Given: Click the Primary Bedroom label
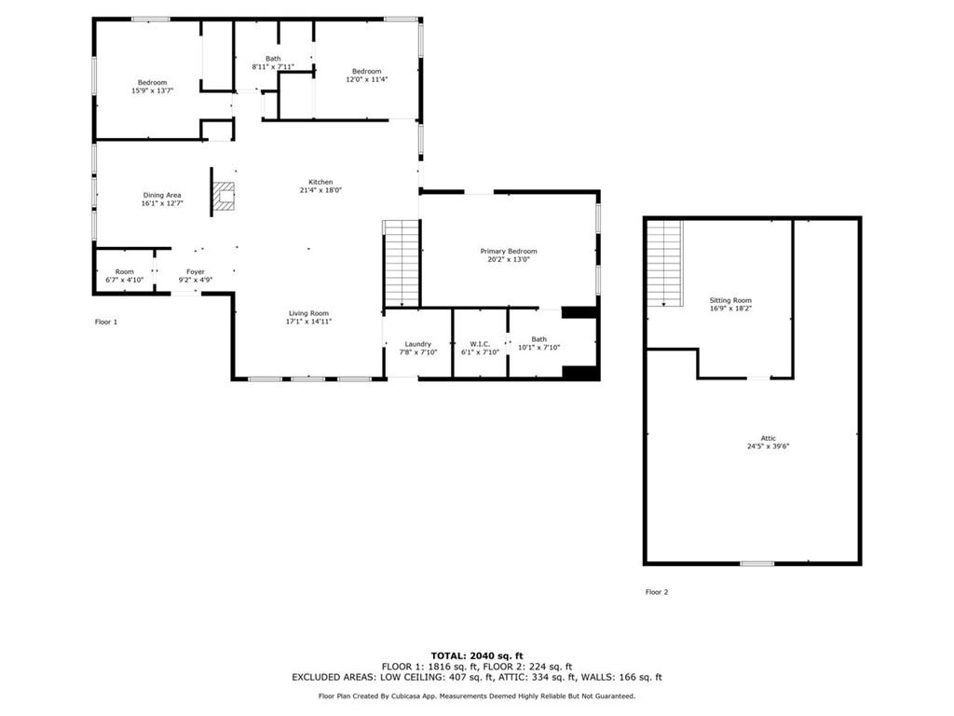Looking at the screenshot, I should [509, 251].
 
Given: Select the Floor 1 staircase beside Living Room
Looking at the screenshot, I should [402, 264].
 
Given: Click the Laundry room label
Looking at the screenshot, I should [417, 343].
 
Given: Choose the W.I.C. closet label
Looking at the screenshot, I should [480, 343].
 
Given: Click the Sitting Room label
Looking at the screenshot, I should [729, 300].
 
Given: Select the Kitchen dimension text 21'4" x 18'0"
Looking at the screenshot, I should [321, 190].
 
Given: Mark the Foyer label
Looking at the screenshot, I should [196, 271].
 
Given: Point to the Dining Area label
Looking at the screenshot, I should [161, 195].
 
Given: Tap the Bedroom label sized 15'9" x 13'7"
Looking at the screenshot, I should [153, 82].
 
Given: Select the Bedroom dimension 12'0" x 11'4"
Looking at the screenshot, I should [366, 79].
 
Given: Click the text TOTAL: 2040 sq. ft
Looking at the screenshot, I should [476, 655].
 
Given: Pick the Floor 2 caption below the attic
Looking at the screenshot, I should [657, 592].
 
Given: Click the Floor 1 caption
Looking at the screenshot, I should [106, 322].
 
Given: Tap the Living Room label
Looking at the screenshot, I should [308, 313].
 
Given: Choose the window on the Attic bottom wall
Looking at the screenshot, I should [756, 563].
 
